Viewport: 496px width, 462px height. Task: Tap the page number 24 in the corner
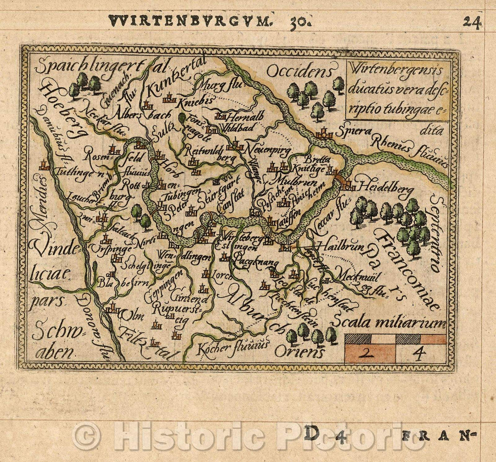(472, 22)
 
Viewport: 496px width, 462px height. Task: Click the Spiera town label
(352, 131)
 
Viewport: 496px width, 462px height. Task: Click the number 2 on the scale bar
(370, 354)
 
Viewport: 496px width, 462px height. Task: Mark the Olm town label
(132, 316)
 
